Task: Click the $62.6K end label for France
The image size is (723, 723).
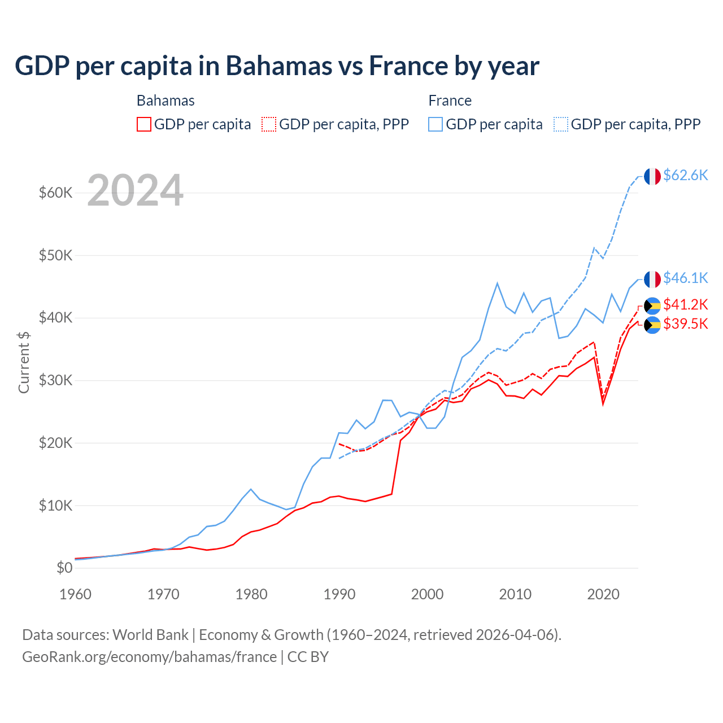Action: pos(685,175)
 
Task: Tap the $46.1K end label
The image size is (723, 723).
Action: pos(685,278)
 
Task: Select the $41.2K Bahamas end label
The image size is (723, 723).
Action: pos(685,304)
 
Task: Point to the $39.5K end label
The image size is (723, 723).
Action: pos(685,324)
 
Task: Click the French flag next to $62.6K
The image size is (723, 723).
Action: pos(652,176)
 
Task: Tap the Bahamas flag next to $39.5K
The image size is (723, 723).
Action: pos(652,325)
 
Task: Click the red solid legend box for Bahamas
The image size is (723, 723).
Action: pos(144,124)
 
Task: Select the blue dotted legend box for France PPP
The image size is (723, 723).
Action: pos(561,124)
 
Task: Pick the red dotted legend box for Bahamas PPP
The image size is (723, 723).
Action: pos(269,124)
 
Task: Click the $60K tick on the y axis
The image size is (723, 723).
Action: pos(55,193)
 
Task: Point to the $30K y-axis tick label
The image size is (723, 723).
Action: pos(55,380)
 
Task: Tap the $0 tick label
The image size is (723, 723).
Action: pos(64,568)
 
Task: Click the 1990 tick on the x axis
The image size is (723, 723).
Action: pos(339,594)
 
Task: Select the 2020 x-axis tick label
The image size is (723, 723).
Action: pos(603,594)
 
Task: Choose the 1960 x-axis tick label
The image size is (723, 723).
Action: pos(76,594)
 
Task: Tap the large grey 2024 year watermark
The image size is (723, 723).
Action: pos(135,191)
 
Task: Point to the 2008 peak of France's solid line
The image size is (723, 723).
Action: pos(497,284)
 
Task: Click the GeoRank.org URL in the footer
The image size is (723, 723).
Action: pos(149,657)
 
